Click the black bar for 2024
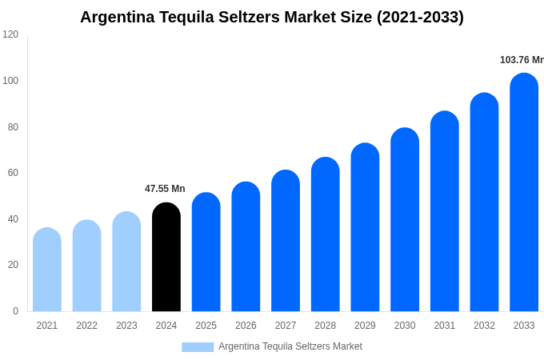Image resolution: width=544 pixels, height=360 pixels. click(x=166, y=258)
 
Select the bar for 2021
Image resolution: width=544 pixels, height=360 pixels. click(x=47, y=270)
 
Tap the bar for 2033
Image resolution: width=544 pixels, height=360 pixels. click(x=524, y=193)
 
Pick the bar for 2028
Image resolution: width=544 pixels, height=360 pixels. click(x=326, y=235)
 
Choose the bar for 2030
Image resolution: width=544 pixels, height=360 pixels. click(x=405, y=220)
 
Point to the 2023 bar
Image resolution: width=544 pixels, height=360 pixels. click(x=126, y=262)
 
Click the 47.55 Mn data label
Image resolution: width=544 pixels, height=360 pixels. click(x=165, y=189)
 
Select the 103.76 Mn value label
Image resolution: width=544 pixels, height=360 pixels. click(x=521, y=60)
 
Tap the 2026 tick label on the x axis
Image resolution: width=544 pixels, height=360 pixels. click(x=246, y=326)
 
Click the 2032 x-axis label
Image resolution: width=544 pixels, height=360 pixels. click(x=484, y=326)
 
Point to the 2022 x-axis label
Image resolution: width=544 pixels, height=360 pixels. click(x=86, y=326)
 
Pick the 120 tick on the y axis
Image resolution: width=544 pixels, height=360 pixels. click(x=10, y=34)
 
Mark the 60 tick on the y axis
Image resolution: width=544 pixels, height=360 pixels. click(x=13, y=173)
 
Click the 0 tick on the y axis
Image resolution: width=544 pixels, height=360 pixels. click(x=15, y=311)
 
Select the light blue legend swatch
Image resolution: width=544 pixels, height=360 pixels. click(x=198, y=347)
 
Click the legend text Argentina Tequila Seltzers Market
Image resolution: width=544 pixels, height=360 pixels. click(x=290, y=346)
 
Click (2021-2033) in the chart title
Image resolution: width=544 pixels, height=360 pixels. click(x=421, y=17)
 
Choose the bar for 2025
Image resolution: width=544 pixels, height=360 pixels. click(x=206, y=253)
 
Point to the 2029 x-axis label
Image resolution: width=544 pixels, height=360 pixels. click(x=365, y=326)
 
